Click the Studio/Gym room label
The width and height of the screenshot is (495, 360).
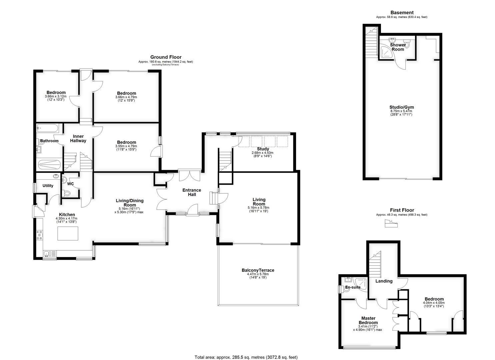click(x=402, y=107)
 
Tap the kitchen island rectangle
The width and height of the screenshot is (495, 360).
click(x=68, y=233)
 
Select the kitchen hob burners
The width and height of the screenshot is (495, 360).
click(x=40, y=235)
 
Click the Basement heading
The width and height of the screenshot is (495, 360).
click(x=402, y=13)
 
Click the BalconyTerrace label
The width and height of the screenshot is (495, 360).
click(x=258, y=270)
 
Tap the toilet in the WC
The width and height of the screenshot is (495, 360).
click(x=66, y=194)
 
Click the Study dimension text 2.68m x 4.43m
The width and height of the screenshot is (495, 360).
click(x=263, y=153)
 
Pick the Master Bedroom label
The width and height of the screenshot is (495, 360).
click(x=368, y=320)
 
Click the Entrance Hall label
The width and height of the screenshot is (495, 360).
click(x=192, y=192)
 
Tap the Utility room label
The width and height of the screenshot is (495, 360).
click(x=48, y=186)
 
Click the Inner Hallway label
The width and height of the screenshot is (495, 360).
click(x=78, y=138)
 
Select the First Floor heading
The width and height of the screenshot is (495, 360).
click(x=402, y=210)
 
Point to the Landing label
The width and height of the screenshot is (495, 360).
click(x=384, y=281)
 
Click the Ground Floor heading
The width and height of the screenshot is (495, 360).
click(x=166, y=57)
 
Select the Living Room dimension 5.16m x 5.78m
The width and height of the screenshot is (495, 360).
click(x=258, y=208)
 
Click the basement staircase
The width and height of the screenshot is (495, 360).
click(x=371, y=42)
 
